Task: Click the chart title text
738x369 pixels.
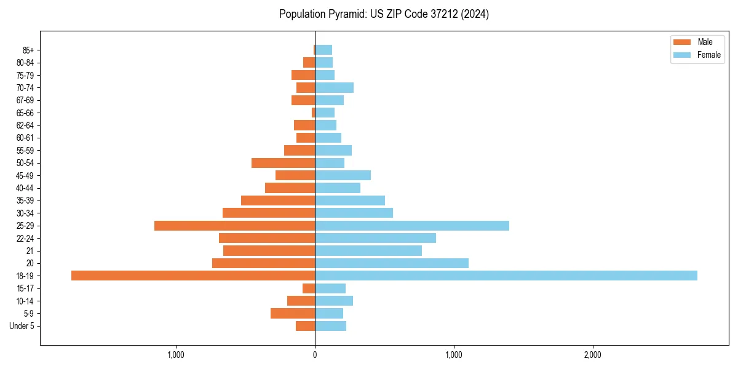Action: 384,14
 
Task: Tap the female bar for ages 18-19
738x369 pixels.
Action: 506,276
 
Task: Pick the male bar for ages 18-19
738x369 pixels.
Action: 193,276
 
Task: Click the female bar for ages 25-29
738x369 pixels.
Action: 412,226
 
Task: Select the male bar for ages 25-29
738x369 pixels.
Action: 235,226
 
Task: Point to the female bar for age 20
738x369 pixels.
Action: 392,263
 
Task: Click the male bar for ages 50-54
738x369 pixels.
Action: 284,163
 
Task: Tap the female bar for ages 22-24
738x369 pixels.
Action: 376,238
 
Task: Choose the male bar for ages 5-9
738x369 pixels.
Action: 293,314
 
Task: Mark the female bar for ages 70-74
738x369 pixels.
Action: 335,88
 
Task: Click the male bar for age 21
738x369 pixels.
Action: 269,251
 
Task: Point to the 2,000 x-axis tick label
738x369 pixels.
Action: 593,355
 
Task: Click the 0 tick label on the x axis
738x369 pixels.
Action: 315,355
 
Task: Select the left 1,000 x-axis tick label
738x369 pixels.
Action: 176,355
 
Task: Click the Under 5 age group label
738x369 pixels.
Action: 22,326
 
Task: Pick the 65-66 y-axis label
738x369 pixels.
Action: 25,113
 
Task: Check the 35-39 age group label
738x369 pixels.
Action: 25,200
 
